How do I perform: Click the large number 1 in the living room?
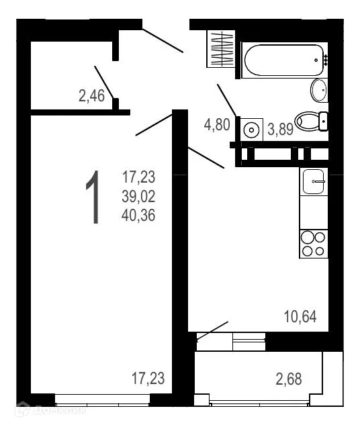click(94, 197)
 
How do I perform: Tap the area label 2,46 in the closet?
click(91, 96)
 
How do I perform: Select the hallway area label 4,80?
click(217, 124)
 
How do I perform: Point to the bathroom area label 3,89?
click(280, 130)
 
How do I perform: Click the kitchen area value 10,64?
click(300, 316)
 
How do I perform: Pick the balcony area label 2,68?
click(288, 379)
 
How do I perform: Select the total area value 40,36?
click(138, 216)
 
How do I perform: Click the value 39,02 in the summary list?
click(138, 197)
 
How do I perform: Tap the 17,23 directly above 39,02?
click(138, 178)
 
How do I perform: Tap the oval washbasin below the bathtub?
click(318, 89)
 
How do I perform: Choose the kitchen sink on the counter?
click(314, 181)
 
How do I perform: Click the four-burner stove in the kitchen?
click(313, 244)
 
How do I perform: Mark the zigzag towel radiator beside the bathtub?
click(220, 49)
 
